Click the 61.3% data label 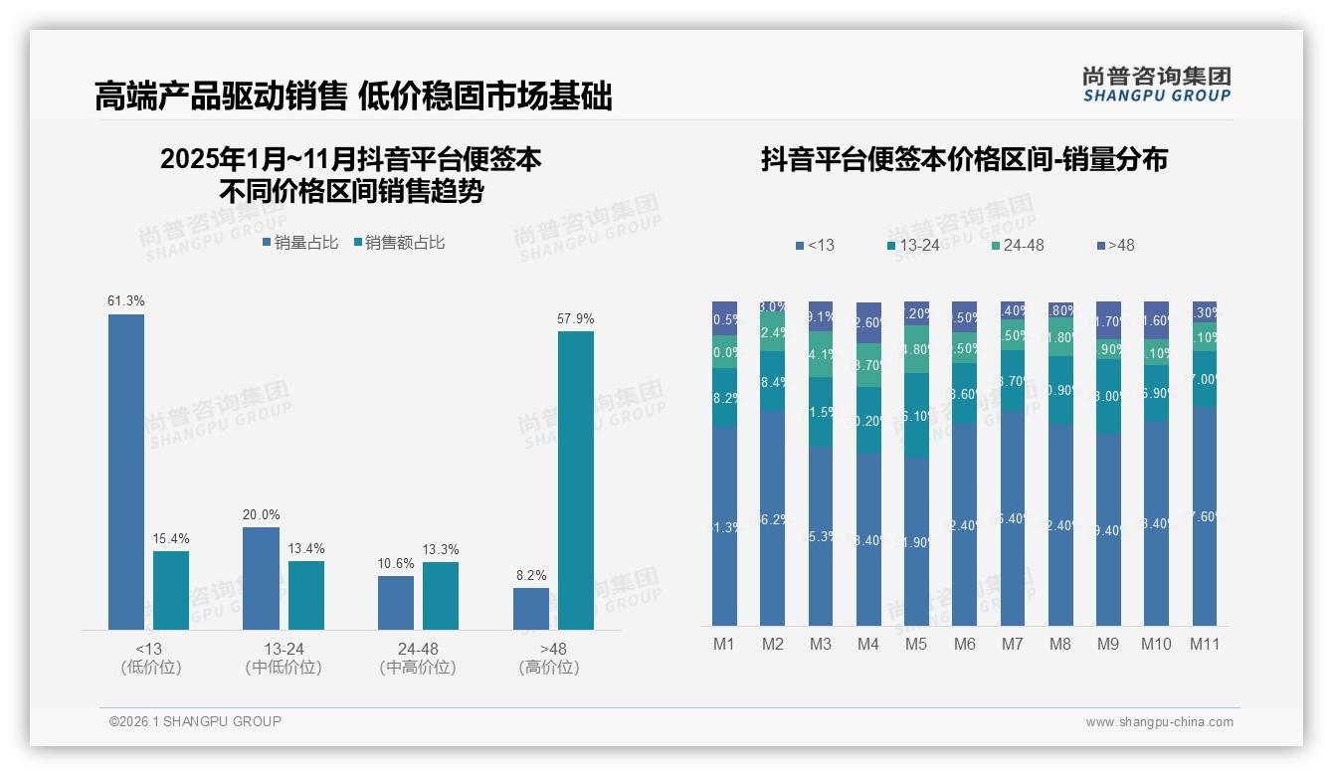pyautogui.click(x=125, y=300)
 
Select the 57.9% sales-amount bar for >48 pyautogui.click(x=575, y=480)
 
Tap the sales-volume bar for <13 pyautogui.click(x=125, y=472)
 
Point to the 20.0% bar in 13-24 pyautogui.click(x=261, y=578)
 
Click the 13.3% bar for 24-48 pyautogui.click(x=440, y=595)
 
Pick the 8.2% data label pyautogui.click(x=530, y=575)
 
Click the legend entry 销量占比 pyautogui.click(x=299, y=243)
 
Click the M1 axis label pyautogui.click(x=724, y=644)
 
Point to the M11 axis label pyautogui.click(x=1205, y=644)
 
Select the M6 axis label pyautogui.click(x=964, y=644)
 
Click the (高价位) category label pyautogui.click(x=548, y=668)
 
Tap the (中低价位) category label pyautogui.click(x=283, y=668)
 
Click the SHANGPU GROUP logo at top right pyautogui.click(x=1156, y=84)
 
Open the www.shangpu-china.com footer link pyautogui.click(x=1159, y=722)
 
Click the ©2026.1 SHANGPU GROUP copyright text pyautogui.click(x=195, y=721)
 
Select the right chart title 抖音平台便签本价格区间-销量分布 pyautogui.click(x=963, y=159)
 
